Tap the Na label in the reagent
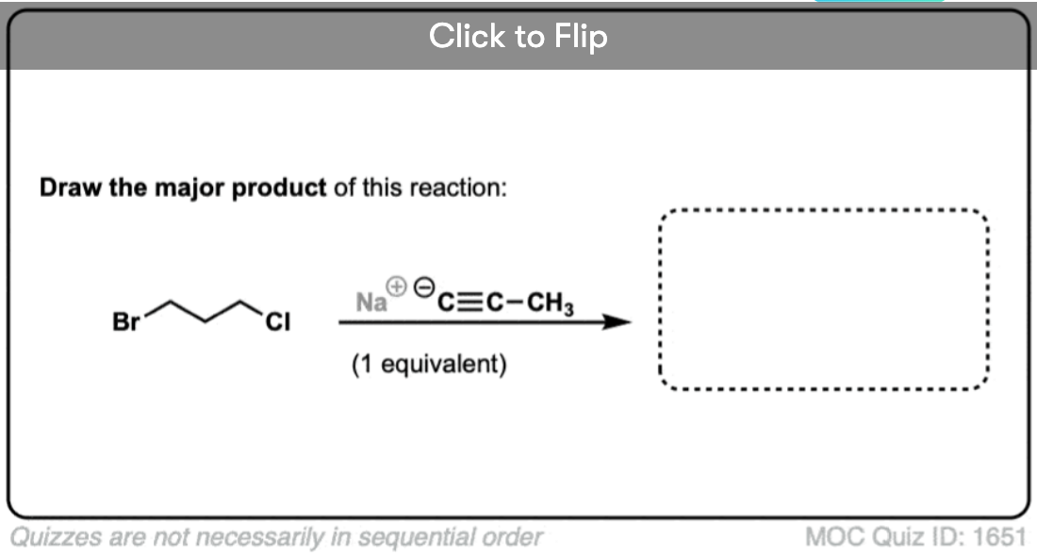pyautogui.click(x=370, y=303)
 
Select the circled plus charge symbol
pyautogui.click(x=399, y=286)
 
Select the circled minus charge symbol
pyautogui.click(x=424, y=286)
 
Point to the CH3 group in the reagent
pyautogui.click(x=551, y=303)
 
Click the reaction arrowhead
pyautogui.click(x=617, y=322)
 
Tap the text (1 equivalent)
pyautogui.click(x=429, y=364)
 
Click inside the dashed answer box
pyautogui.click(x=824, y=300)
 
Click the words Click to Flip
pyautogui.click(x=518, y=37)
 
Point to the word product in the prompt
pyautogui.click(x=279, y=188)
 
